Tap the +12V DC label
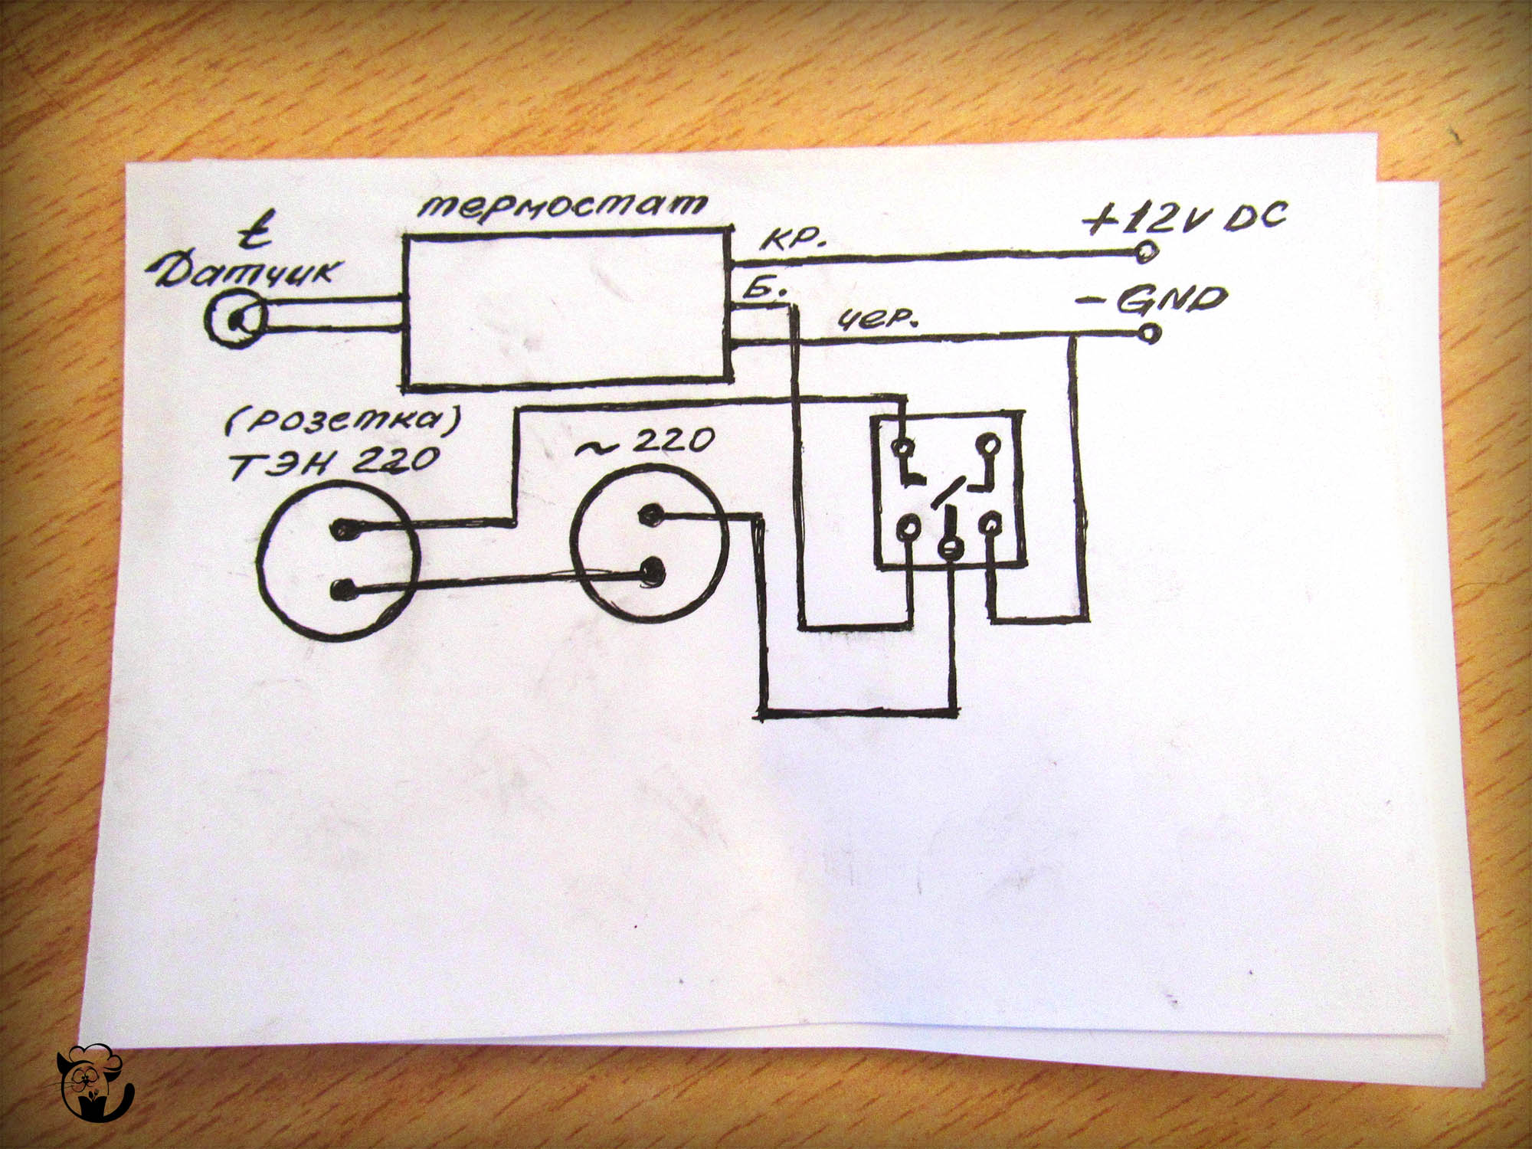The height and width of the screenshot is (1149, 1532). [x=1186, y=218]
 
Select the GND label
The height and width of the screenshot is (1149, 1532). [x=1172, y=300]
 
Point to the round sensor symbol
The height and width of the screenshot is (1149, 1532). [x=236, y=318]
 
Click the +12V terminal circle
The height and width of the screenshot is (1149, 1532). [x=1147, y=251]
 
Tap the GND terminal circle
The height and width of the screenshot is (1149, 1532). [x=1150, y=333]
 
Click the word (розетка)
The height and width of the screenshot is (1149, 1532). [x=342, y=420]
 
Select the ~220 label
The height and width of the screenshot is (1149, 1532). [x=645, y=442]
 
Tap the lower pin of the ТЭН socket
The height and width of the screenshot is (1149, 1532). [x=344, y=589]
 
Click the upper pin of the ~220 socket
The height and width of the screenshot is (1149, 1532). [x=650, y=515]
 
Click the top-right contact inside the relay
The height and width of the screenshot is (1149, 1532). [x=990, y=444]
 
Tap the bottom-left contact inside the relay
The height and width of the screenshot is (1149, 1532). [x=908, y=527]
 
